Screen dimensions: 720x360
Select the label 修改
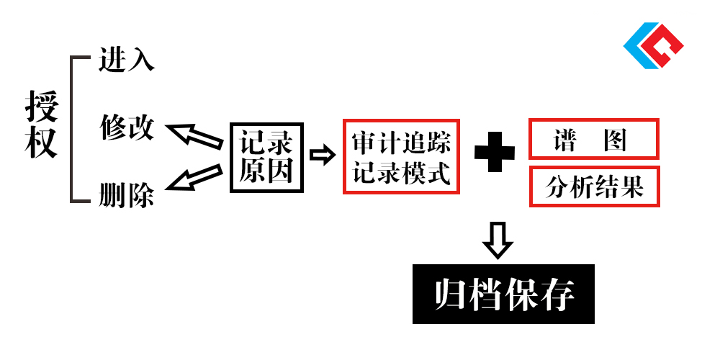coord(127,127)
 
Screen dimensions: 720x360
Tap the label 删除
coord(126,197)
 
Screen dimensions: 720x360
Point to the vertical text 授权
coord(42,125)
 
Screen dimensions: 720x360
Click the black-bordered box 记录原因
coord(266,158)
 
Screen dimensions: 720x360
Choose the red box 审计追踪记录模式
coord(401,156)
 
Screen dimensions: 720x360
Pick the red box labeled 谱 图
coord(594,139)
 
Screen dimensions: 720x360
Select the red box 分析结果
coord(594,186)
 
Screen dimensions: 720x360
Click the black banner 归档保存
coord(503,294)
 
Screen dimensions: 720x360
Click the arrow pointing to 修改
coord(194,136)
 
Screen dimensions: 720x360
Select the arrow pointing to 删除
coord(194,177)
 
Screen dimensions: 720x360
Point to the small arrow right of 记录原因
coord(323,156)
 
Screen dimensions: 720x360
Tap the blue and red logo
coord(653,45)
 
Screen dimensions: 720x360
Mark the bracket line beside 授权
coord(71,130)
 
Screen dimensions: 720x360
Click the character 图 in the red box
coord(616,140)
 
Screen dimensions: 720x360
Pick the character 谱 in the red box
coord(564,140)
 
